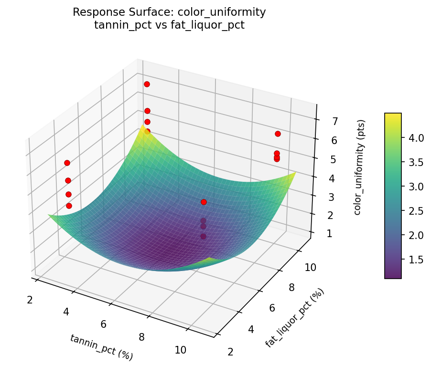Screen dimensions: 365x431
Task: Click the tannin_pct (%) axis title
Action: pyautogui.click(x=101, y=347)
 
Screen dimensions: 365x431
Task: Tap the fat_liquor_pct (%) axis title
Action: pyautogui.click(x=294, y=317)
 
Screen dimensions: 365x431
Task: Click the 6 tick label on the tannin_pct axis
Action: pyautogui.click(x=104, y=324)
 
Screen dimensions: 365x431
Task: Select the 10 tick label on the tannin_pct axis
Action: pyautogui.click(x=180, y=350)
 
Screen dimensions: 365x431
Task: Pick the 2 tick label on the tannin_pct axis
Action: pyautogui.click(x=30, y=300)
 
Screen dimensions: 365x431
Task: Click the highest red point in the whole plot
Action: pyautogui.click(x=147, y=84)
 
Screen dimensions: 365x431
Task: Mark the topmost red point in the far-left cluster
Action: pyautogui.click(x=67, y=163)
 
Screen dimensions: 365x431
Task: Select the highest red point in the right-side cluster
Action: pyautogui.click(x=278, y=134)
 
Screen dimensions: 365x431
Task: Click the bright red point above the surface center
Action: pyautogui.click(x=204, y=202)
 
